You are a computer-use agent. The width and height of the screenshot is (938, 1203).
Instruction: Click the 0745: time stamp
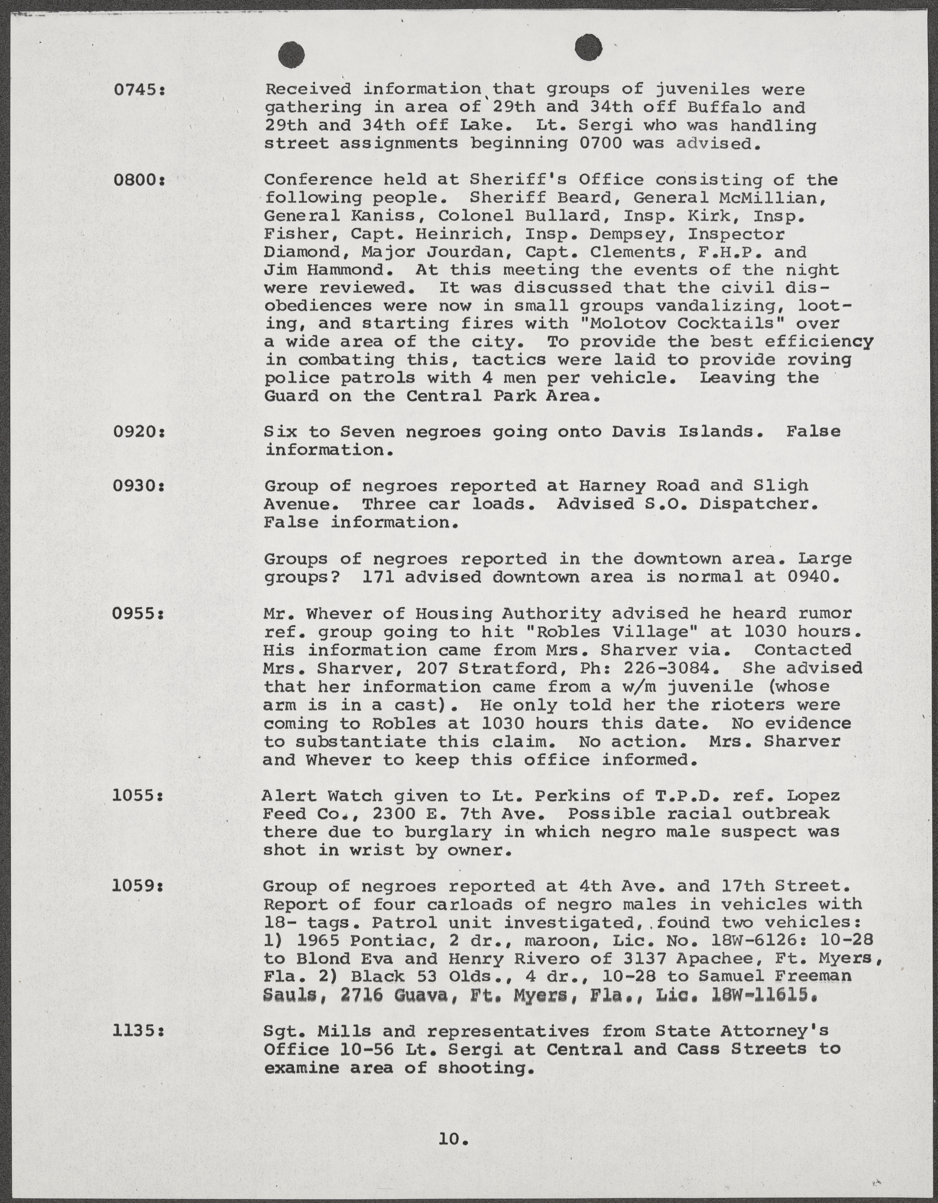pos(139,89)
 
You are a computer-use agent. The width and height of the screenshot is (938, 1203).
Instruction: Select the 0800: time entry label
pos(139,180)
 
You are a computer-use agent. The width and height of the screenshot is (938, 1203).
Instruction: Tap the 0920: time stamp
pos(139,431)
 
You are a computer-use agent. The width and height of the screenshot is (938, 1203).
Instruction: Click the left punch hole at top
pos(292,55)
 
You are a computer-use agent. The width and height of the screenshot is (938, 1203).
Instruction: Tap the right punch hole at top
pos(588,48)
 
